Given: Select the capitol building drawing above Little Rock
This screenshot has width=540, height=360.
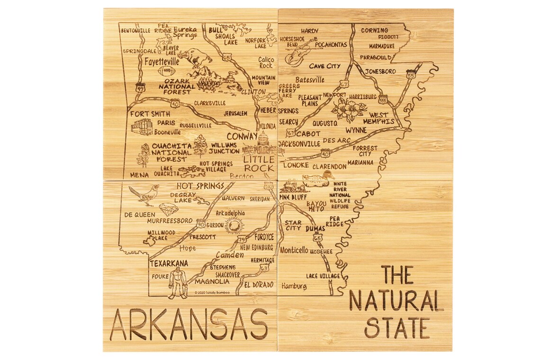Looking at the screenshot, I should coord(262,144).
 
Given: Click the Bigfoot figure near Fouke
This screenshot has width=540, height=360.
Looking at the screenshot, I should coord(178,283).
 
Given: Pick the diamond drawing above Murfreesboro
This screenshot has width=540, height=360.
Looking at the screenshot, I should coord(168,209).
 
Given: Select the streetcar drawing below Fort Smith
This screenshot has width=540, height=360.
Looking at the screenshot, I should coord(142,127).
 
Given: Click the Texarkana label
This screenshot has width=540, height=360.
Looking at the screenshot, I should coord(169,263).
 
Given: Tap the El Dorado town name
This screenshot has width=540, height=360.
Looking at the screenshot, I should coord(259,285).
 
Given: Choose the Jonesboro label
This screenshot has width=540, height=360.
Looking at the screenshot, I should coord(380,71).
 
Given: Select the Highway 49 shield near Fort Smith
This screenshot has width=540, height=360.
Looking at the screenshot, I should coord(139,89).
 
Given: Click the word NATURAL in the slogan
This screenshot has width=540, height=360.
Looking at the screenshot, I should coord(396,301).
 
